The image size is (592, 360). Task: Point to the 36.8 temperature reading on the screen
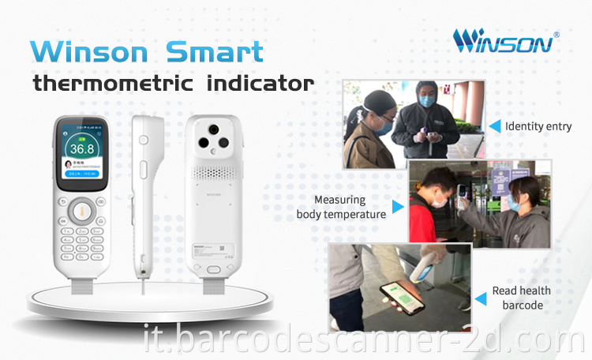pos(81,148)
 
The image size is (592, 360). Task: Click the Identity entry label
pos(538,126)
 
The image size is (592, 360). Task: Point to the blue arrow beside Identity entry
pos(495,125)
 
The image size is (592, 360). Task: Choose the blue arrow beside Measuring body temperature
pos(398,207)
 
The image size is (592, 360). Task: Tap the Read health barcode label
pos(522,298)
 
